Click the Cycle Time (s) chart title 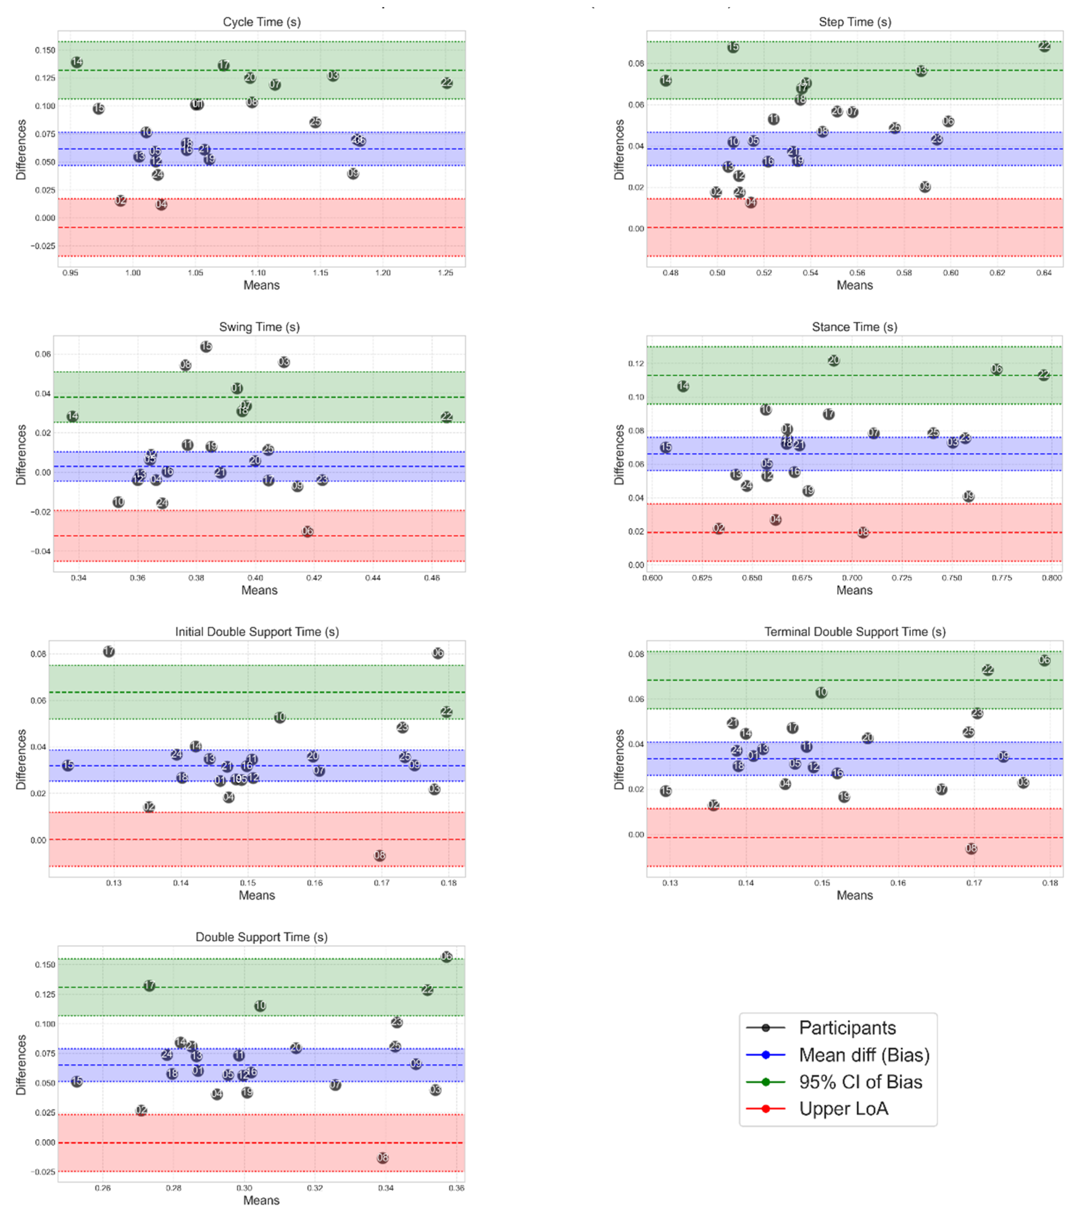(262, 22)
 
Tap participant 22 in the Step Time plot (1044, 46)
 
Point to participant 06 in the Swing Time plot (307, 531)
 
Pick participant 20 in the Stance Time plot (833, 360)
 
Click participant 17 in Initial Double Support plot (108, 651)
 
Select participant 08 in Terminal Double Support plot (971, 848)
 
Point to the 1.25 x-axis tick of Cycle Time (445, 273)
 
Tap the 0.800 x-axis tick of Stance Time (1052, 578)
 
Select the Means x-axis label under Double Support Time (261, 1200)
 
